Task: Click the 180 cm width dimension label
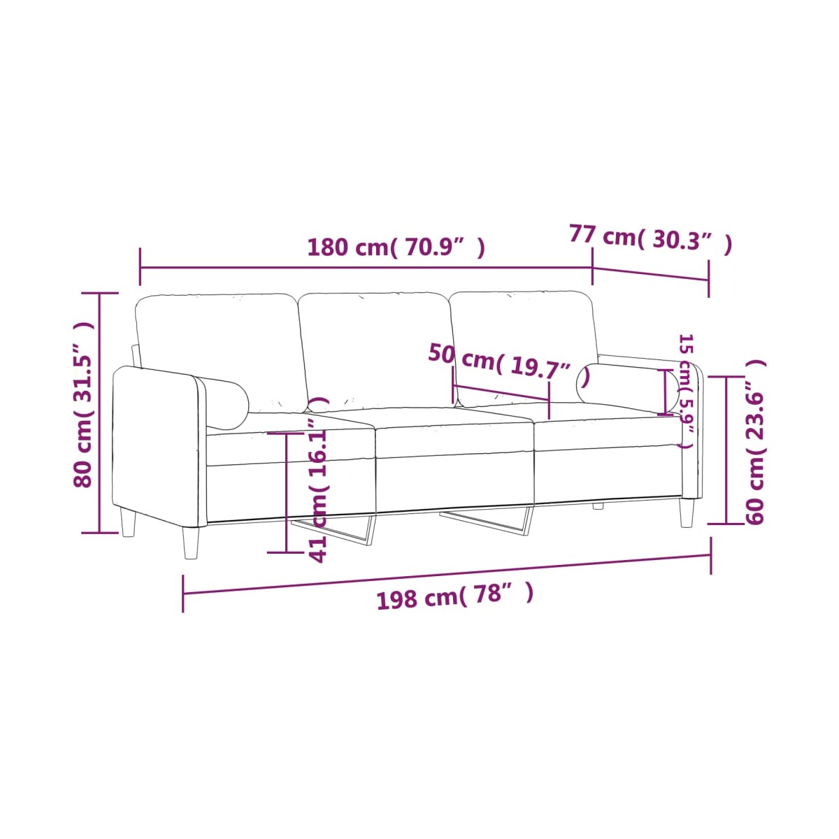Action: click(x=396, y=248)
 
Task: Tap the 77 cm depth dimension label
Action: click(x=650, y=238)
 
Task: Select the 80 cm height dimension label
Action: click(x=83, y=405)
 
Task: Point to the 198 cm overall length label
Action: click(x=454, y=596)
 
